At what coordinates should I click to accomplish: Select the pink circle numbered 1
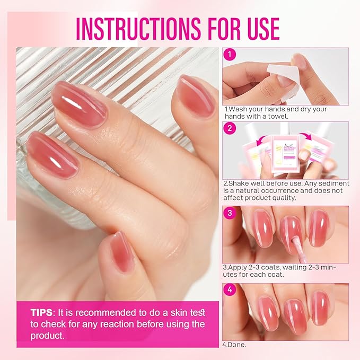click(230, 55)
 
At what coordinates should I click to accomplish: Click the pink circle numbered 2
click(230, 128)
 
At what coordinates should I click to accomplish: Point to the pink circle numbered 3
click(230, 213)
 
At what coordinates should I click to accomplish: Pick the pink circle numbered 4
click(230, 290)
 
